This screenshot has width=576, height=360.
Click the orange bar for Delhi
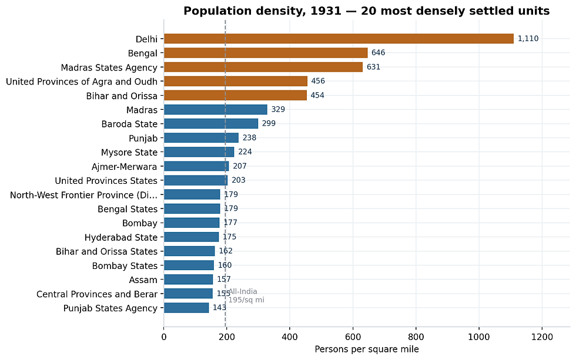(x=339, y=39)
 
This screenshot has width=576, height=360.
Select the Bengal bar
(x=266, y=53)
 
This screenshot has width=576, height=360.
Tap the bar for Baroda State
(x=211, y=124)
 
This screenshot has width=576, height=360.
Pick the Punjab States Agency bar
(x=186, y=308)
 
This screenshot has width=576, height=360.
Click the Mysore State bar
(x=199, y=152)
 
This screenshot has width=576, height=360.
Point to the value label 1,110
(x=528, y=39)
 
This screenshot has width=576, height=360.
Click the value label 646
(x=378, y=52)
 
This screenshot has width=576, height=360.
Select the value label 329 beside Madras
(x=278, y=109)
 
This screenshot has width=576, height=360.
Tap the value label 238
(x=249, y=137)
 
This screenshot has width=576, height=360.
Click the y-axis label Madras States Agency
(x=109, y=68)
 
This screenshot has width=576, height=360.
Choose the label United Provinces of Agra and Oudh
(x=82, y=82)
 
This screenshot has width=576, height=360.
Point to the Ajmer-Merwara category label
(x=124, y=167)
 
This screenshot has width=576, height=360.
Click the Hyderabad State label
(x=121, y=237)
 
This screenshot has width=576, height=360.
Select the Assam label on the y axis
(x=143, y=280)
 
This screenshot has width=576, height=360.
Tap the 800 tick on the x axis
(x=416, y=337)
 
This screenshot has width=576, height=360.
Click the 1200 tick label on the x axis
(x=542, y=337)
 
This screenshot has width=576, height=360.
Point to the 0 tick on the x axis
(x=164, y=337)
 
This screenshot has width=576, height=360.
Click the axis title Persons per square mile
(x=367, y=349)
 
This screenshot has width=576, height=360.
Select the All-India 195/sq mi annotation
(x=246, y=296)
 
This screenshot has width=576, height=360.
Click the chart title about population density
(x=367, y=11)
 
